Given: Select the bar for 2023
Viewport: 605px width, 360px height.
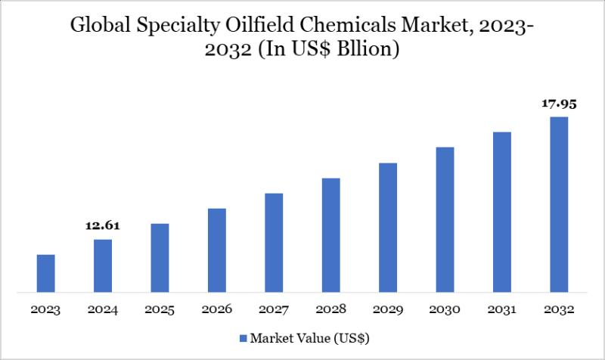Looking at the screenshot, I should point(46,273).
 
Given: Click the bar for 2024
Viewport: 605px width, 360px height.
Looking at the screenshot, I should point(103,265).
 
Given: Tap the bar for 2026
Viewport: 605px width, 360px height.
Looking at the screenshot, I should point(217,250).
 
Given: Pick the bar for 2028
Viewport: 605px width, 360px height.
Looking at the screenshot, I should point(330,234).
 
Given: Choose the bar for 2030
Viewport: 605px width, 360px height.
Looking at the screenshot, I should point(445,219).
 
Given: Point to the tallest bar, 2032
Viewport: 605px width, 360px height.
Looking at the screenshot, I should point(559,203).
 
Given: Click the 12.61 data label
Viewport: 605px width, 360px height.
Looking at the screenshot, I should point(103,225).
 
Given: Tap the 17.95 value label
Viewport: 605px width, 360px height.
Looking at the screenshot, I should point(559,104).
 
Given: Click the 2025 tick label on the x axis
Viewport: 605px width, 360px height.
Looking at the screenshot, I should point(160,309).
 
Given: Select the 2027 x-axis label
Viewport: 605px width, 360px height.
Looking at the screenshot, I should point(274,309).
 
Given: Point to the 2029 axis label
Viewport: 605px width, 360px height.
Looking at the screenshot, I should point(388,309).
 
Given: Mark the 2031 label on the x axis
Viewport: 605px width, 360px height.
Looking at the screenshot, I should point(502,309).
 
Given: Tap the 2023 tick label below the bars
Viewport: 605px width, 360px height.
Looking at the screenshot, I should point(46,309).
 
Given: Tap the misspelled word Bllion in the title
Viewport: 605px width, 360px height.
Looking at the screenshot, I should point(368,51).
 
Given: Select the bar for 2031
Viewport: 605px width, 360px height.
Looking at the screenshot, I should point(502,212).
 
